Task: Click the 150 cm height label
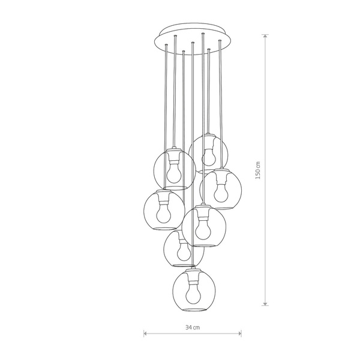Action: (258, 170)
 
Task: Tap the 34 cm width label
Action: (193, 327)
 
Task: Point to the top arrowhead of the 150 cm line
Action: (265, 36)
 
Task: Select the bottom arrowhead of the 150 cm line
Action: (265, 304)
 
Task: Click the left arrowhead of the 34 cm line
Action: (145, 334)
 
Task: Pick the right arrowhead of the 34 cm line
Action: (240, 334)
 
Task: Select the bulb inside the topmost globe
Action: (209, 157)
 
